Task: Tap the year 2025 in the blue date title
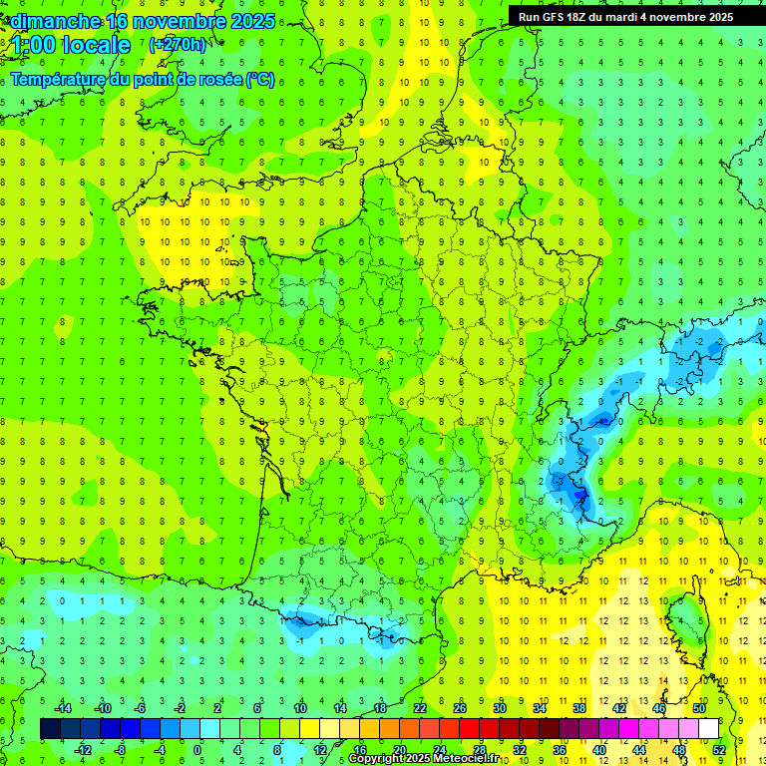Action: (x=253, y=21)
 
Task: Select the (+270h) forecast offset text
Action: (x=178, y=44)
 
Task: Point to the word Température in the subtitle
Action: (x=59, y=79)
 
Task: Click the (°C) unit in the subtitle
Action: (x=260, y=79)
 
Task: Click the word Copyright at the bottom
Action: (x=376, y=759)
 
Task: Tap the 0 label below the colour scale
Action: (x=197, y=750)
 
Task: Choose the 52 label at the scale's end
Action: (x=719, y=750)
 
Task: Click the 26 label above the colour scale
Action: (x=459, y=708)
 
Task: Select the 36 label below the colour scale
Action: (x=560, y=750)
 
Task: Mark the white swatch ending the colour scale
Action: (x=709, y=729)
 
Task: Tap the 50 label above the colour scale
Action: (x=699, y=708)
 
